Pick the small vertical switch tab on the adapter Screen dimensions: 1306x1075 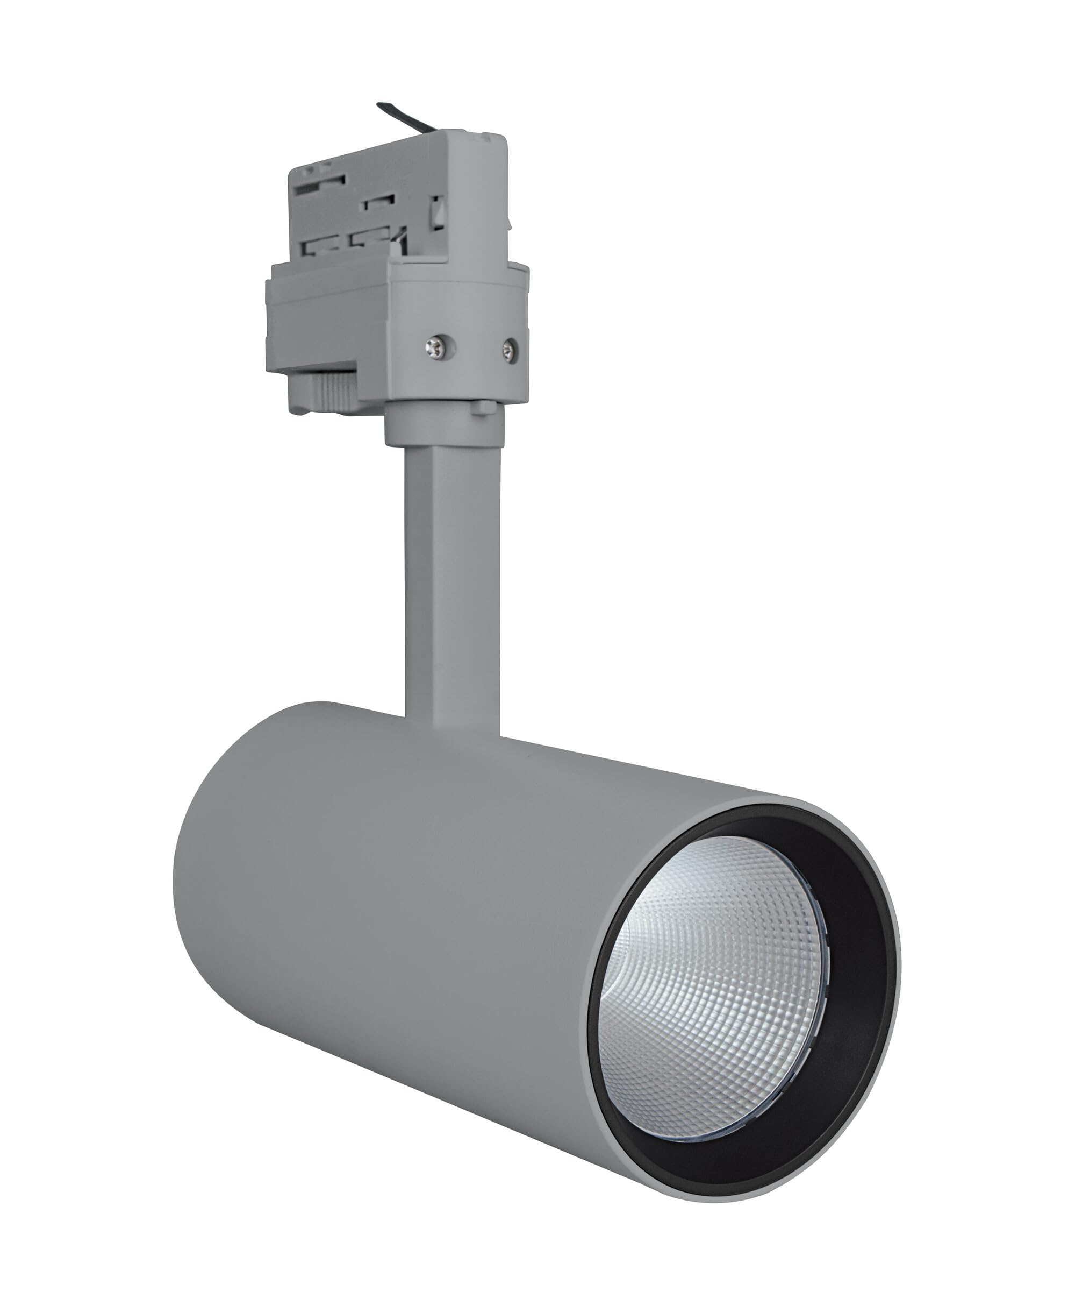(438, 211)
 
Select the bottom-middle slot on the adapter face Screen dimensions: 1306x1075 (365, 238)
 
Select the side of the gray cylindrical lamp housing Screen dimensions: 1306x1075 (433, 929)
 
